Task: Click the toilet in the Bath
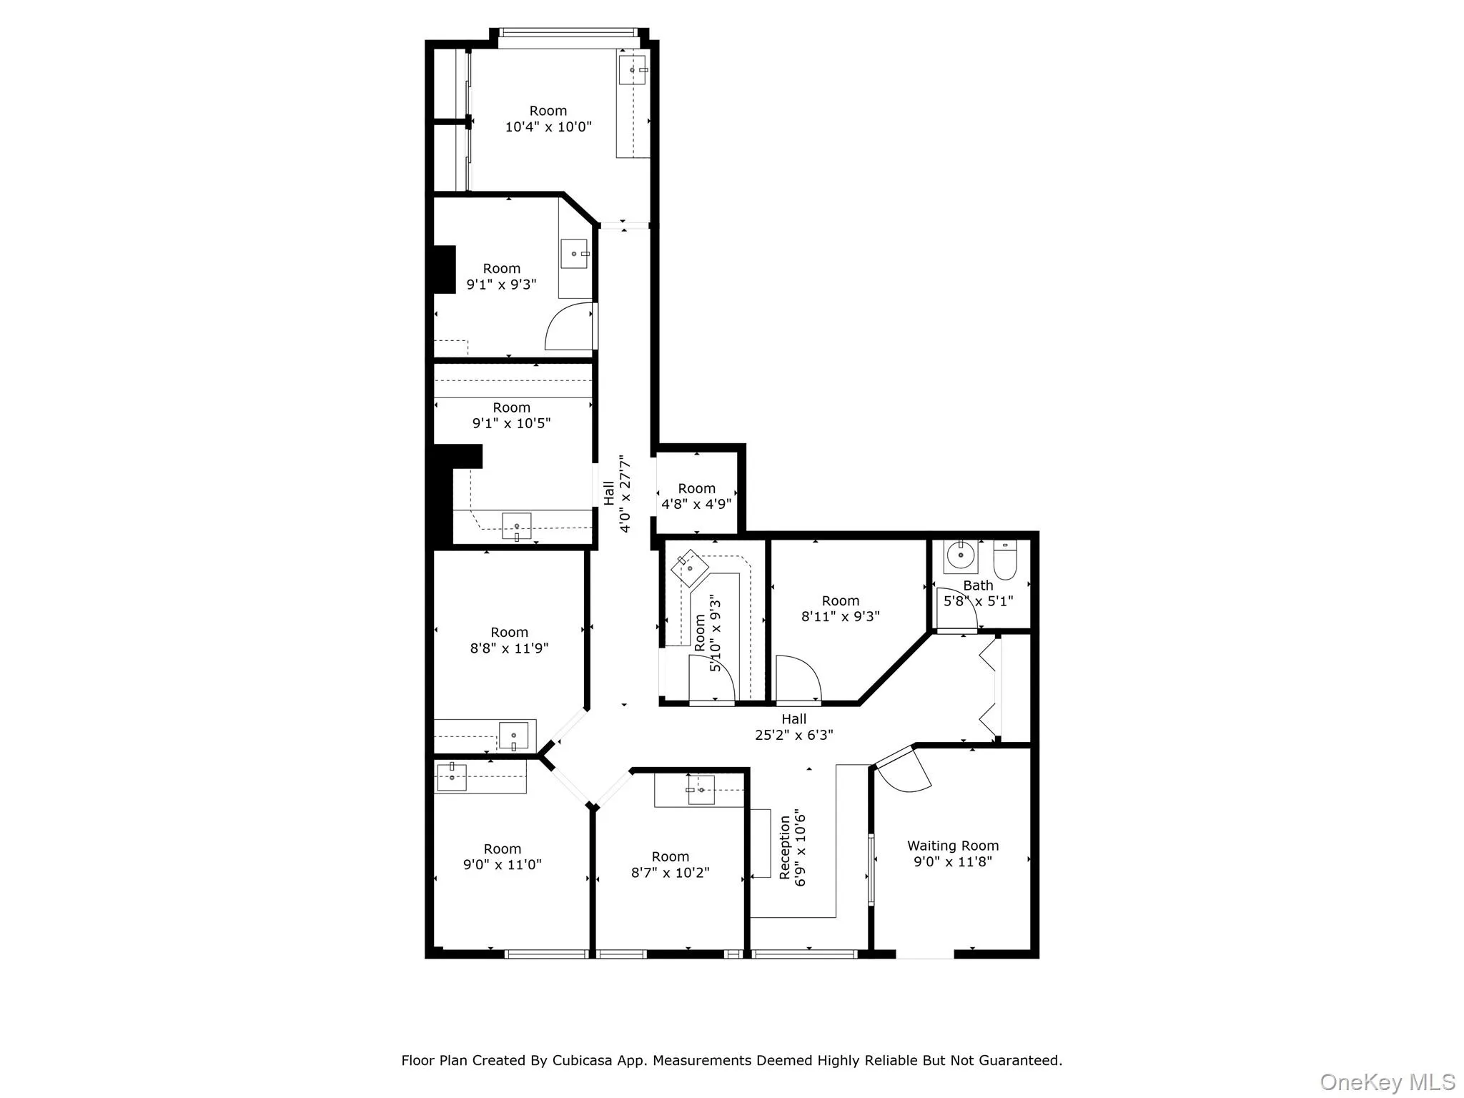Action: pos(1004,560)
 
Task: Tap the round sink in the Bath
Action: pos(961,555)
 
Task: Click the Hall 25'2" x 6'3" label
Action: pos(794,727)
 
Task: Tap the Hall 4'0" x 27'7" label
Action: pos(616,493)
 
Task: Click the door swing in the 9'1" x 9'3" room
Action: pos(569,326)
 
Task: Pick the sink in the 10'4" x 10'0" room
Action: pos(633,69)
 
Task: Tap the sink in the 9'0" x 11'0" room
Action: pos(452,777)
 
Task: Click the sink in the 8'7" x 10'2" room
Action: pos(701,790)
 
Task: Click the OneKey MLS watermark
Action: pos(1388,1082)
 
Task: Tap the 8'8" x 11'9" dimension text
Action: pos(509,648)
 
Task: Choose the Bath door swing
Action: pos(954,609)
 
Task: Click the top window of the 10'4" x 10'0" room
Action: pos(567,32)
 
